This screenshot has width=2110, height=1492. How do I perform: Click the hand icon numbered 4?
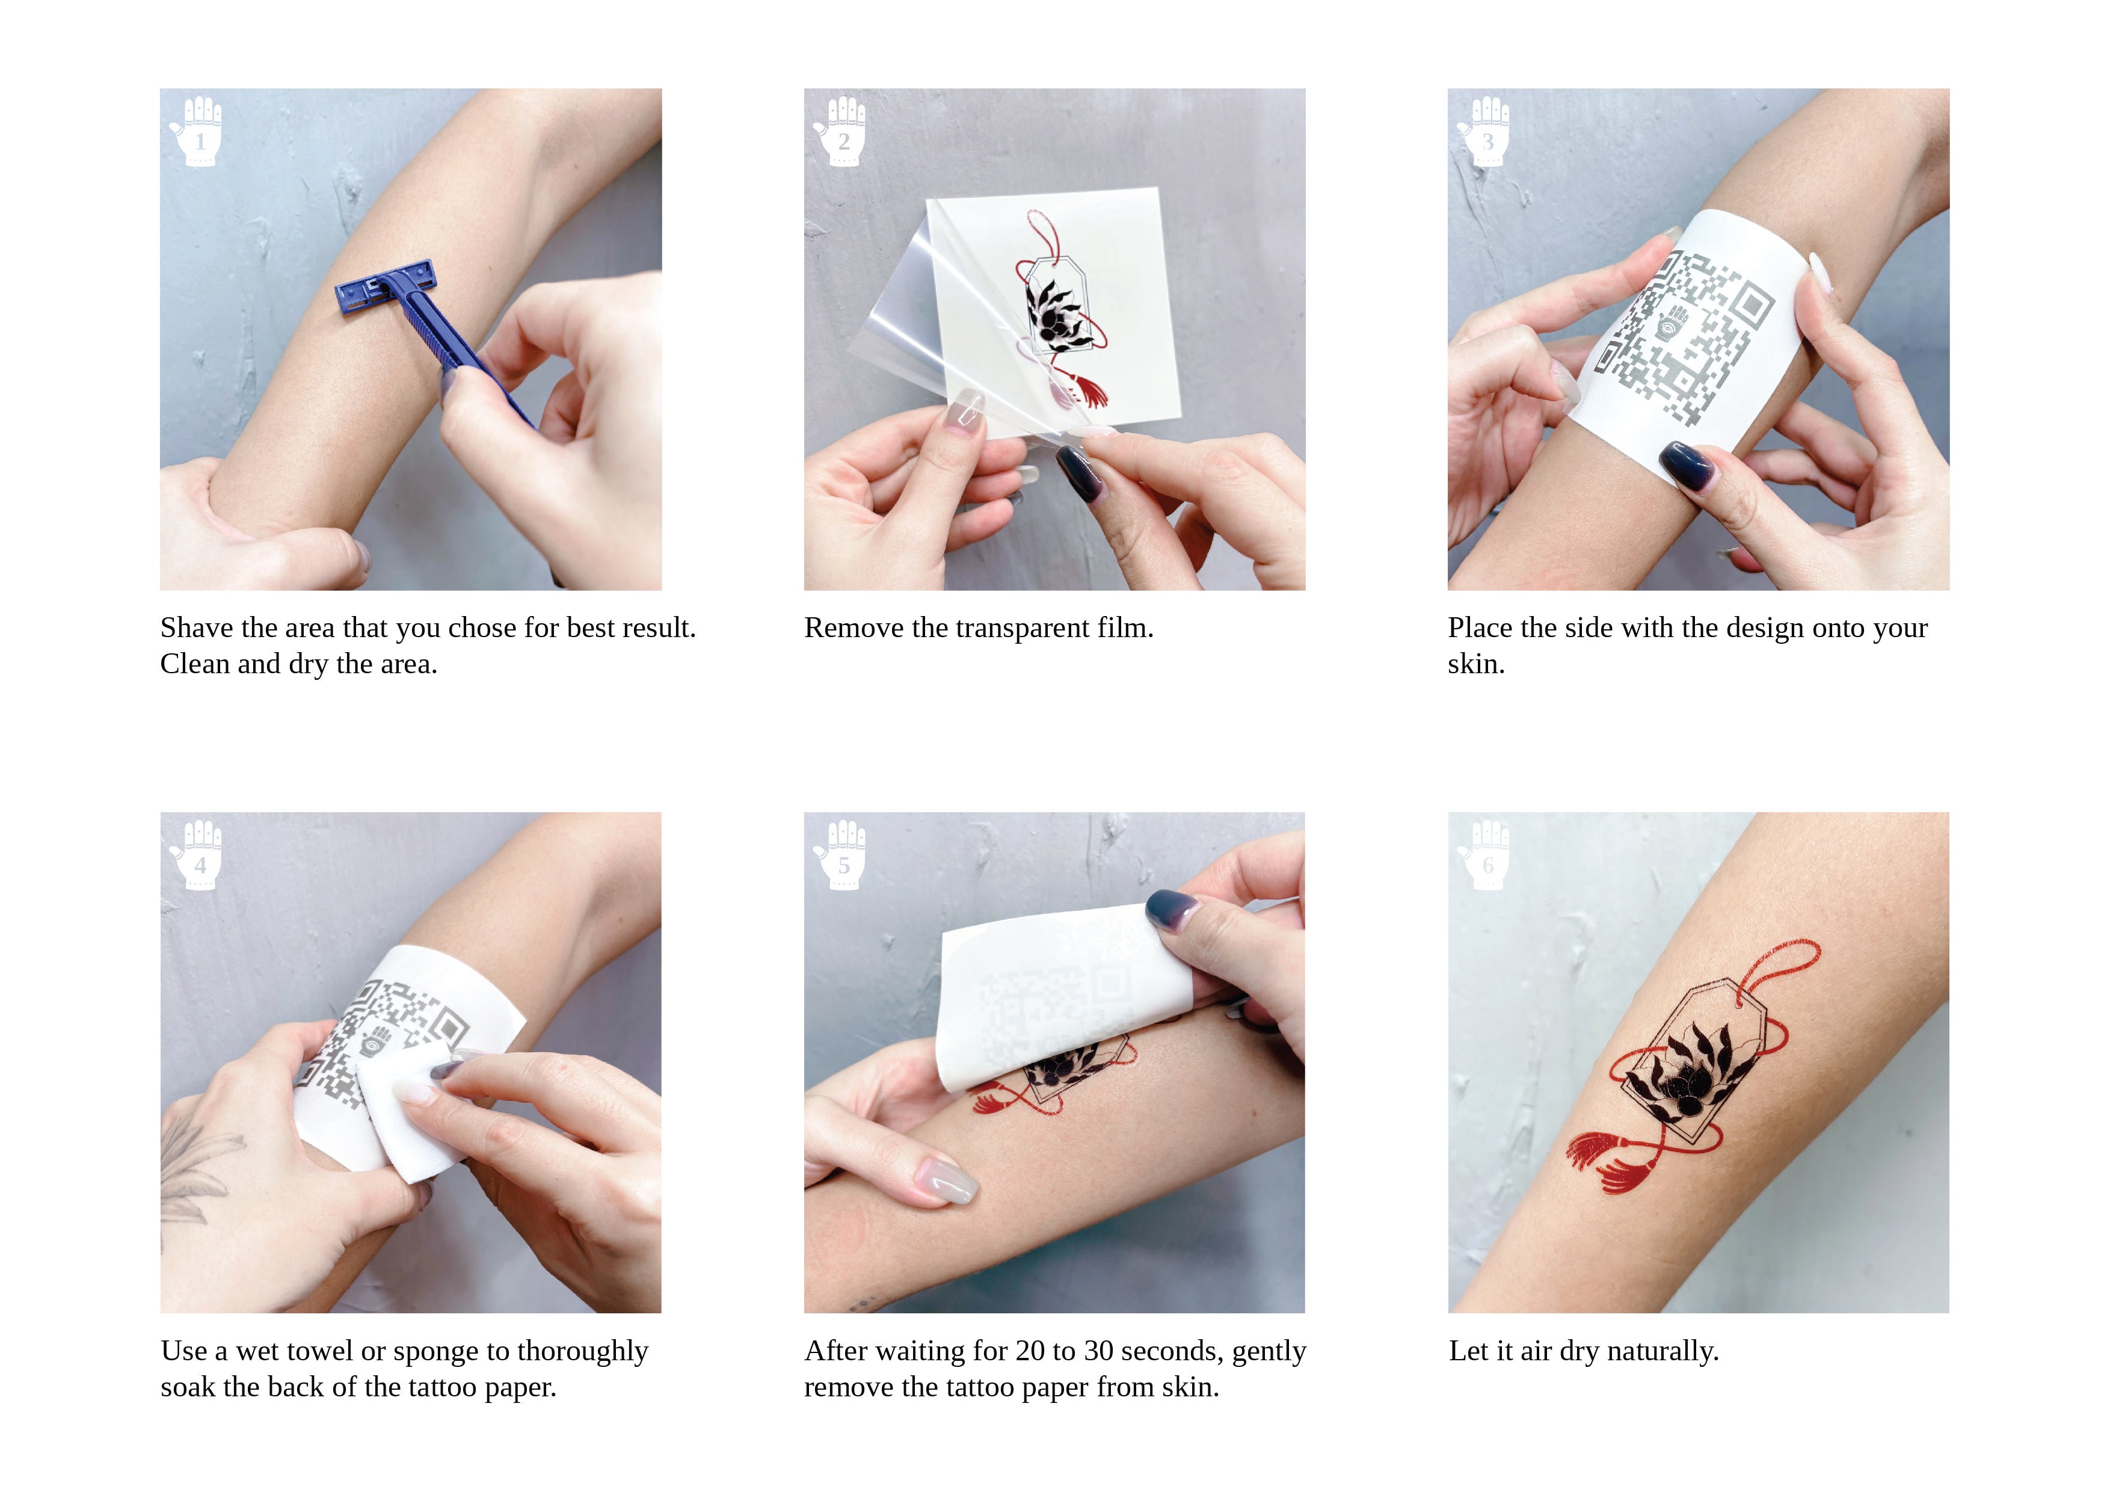197,854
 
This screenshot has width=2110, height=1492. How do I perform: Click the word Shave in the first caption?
197,628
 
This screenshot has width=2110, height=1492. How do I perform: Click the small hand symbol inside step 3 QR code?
1673,324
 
